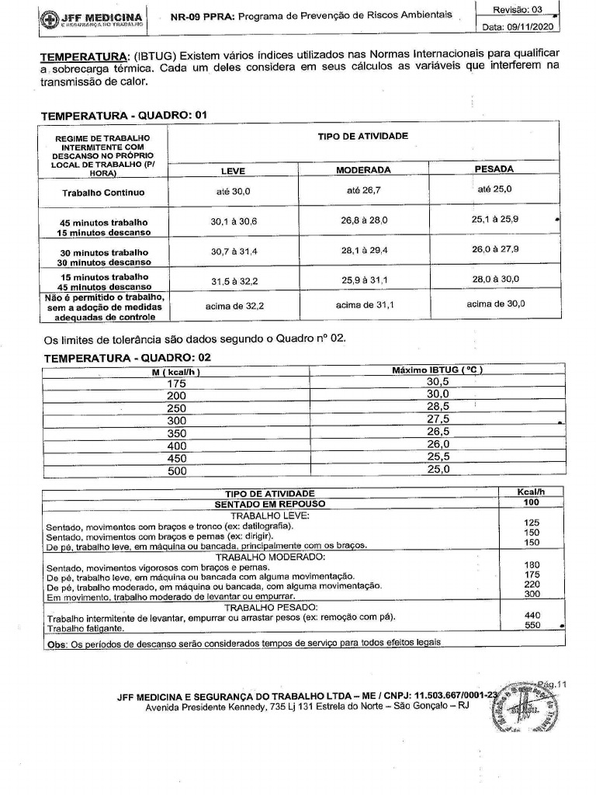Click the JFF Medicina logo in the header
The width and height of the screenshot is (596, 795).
[x=88, y=19]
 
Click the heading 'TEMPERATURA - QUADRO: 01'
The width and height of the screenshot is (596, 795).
[x=125, y=115]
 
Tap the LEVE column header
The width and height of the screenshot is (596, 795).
[x=233, y=170]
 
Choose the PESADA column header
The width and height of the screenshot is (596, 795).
[x=494, y=168]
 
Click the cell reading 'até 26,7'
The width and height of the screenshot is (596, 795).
[x=363, y=189]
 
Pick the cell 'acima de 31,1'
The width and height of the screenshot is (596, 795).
[x=364, y=305]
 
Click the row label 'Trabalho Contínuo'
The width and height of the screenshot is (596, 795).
[x=104, y=193]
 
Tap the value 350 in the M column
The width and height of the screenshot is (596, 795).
[x=177, y=432]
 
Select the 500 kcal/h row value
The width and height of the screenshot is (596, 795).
[x=177, y=470]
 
